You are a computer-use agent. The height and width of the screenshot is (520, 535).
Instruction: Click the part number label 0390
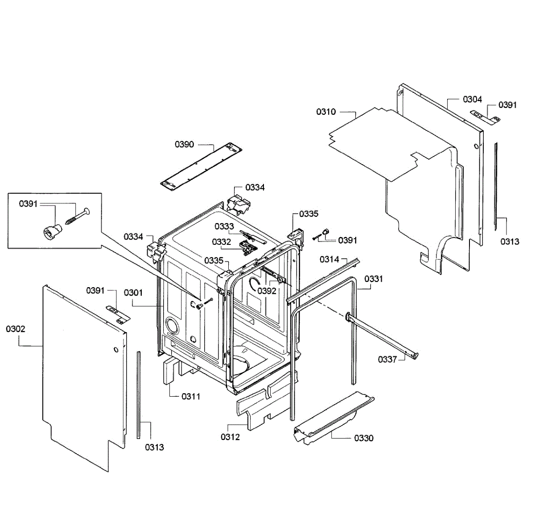(x=184, y=144)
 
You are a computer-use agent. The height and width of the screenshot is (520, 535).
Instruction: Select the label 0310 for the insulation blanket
(x=326, y=112)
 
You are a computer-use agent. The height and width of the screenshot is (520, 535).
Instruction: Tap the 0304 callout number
(x=472, y=99)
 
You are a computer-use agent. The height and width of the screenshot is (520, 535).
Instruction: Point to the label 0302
(x=16, y=329)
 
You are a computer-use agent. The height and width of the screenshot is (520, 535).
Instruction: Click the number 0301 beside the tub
(x=133, y=292)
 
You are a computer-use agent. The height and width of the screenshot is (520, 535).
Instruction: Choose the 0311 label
(x=191, y=396)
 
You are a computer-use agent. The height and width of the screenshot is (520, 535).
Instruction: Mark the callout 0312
(x=230, y=437)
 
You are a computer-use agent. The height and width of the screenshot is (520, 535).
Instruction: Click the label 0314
(x=329, y=259)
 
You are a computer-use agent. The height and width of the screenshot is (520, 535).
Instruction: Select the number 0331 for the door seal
(x=374, y=279)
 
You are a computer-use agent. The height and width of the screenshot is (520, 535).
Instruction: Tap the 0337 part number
(x=387, y=359)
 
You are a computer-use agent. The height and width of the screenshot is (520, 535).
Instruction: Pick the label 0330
(x=364, y=438)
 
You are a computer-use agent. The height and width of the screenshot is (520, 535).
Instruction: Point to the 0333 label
(x=224, y=226)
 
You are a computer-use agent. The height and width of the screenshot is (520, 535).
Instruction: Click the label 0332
(x=222, y=242)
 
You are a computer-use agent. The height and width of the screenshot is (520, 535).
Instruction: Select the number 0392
(x=267, y=291)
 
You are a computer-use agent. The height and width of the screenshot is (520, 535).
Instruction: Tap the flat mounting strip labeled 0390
(x=199, y=167)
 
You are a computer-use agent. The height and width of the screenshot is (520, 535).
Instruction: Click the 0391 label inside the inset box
(x=28, y=204)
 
